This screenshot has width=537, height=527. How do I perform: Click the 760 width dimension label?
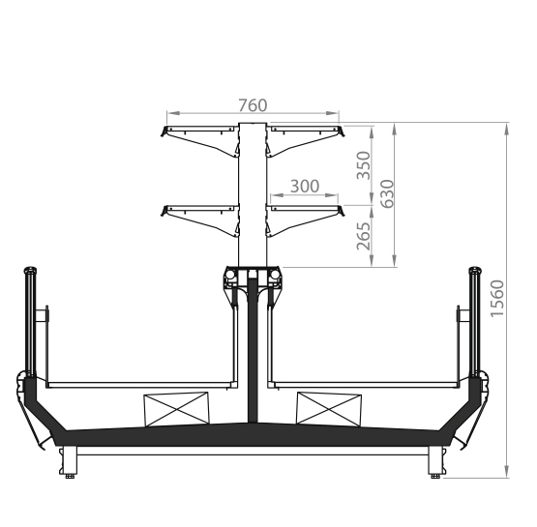253,105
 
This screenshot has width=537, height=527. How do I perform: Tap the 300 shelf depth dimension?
305,187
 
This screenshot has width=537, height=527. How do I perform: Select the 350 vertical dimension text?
364,165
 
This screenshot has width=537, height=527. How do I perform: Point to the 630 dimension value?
387,193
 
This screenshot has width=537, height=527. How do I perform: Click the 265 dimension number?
364,237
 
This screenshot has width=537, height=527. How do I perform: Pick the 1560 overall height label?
497,299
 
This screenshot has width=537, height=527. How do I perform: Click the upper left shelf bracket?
199,141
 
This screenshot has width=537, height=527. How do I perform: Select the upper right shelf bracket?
305,141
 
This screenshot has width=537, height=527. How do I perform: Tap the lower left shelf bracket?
199,220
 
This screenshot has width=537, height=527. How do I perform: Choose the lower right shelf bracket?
305,220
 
